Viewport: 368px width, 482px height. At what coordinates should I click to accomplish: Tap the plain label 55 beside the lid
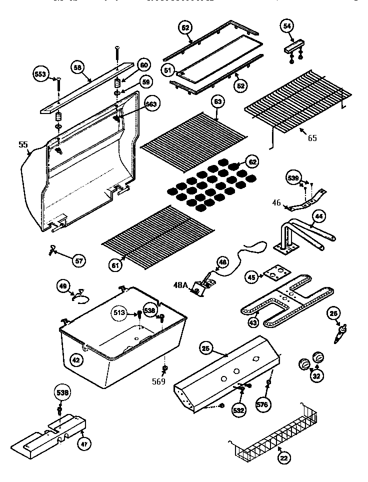23,145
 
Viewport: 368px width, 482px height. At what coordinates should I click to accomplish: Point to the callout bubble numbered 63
217,102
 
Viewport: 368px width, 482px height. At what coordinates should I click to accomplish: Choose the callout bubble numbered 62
253,162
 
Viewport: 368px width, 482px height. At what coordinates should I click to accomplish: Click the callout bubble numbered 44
318,216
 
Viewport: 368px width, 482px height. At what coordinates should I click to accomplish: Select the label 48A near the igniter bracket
181,285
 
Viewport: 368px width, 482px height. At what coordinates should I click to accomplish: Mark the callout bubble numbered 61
116,265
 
